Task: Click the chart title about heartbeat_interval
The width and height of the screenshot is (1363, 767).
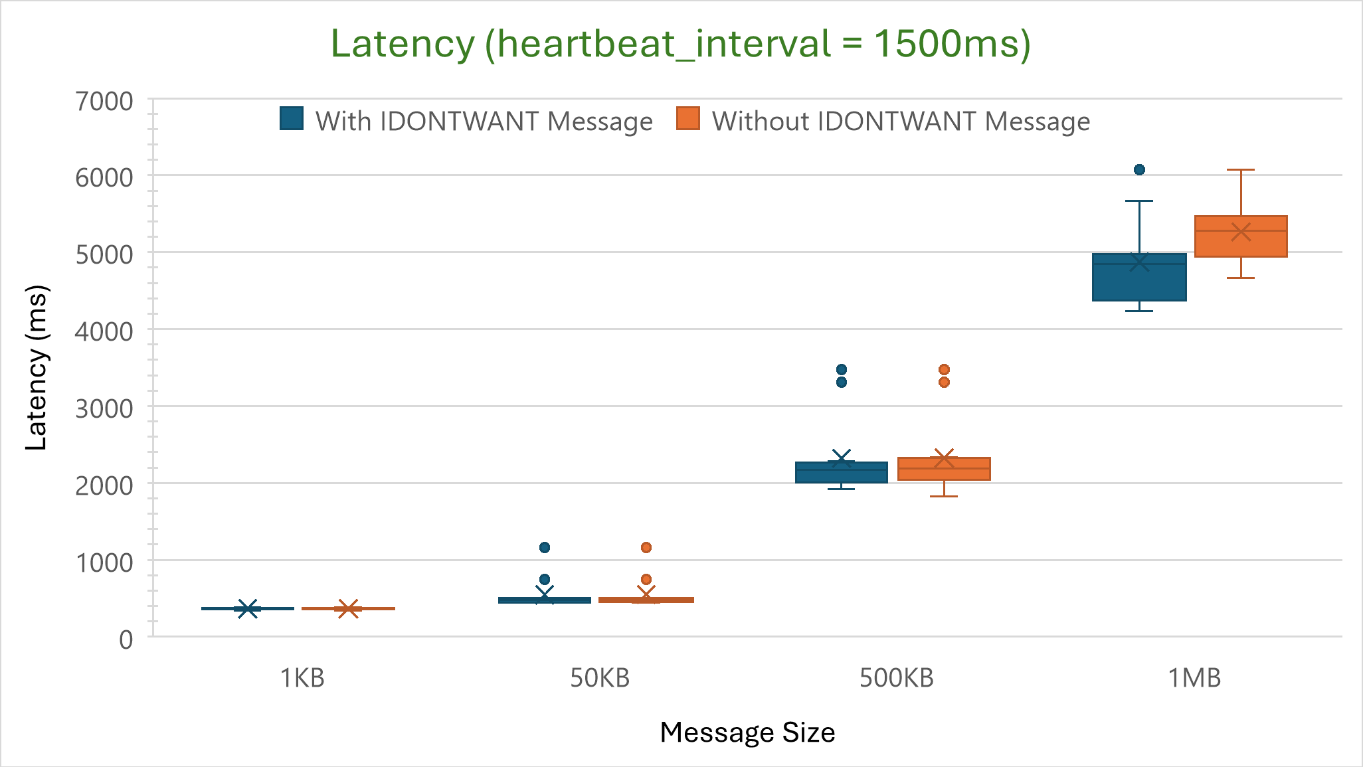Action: pyautogui.click(x=680, y=44)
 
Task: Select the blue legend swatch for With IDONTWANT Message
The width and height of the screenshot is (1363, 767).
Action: pyautogui.click(x=292, y=119)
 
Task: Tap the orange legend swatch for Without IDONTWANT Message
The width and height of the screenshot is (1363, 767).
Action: pyautogui.click(x=688, y=119)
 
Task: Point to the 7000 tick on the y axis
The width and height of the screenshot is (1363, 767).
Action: pyautogui.click(x=104, y=102)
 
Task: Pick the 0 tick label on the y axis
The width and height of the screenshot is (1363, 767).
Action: pyautogui.click(x=126, y=639)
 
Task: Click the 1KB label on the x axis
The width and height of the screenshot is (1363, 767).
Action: pyautogui.click(x=302, y=678)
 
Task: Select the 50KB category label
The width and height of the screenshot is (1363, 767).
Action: pyautogui.click(x=600, y=678)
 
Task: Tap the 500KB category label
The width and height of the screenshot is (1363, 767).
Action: pyautogui.click(x=897, y=678)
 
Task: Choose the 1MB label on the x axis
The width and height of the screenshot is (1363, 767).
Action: pyautogui.click(x=1194, y=678)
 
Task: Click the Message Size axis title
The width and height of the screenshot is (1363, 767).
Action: pyautogui.click(x=747, y=732)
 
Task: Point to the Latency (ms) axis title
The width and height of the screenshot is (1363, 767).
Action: pyautogui.click(x=37, y=368)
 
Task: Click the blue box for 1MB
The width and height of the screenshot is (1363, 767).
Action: pyautogui.click(x=1139, y=282)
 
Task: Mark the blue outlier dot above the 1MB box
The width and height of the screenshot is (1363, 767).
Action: pyautogui.click(x=1139, y=169)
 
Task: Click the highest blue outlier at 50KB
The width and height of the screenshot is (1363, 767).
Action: pyautogui.click(x=545, y=547)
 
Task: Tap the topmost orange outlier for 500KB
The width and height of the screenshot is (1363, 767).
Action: pyautogui.click(x=944, y=369)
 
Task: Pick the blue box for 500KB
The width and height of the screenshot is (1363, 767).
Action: pyautogui.click(x=842, y=473)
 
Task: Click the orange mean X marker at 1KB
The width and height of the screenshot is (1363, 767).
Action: pyautogui.click(x=348, y=608)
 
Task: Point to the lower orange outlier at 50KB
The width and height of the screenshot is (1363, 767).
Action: pyautogui.click(x=646, y=579)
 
